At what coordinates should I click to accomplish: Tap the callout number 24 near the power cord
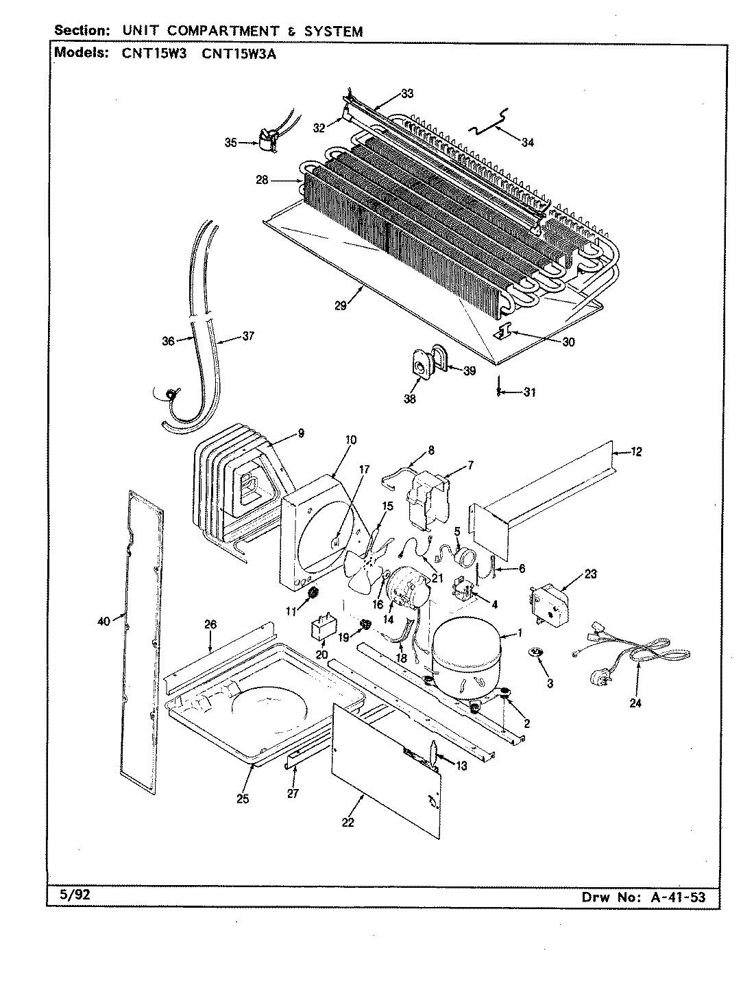click(x=635, y=703)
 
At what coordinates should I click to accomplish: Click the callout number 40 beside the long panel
click(x=104, y=621)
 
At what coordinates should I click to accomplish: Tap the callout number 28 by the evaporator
click(x=261, y=181)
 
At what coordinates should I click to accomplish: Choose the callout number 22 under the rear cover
click(x=348, y=823)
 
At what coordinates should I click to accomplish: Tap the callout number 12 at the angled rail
click(x=637, y=451)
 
